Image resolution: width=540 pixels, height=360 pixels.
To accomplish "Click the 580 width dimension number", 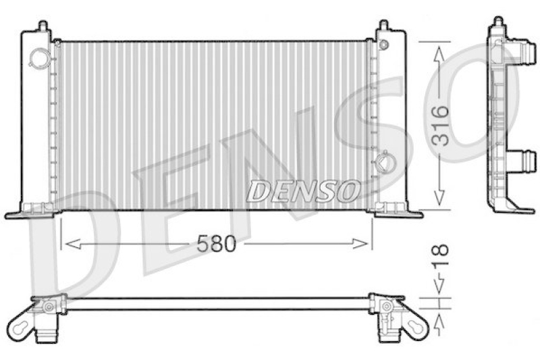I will [x=217, y=244].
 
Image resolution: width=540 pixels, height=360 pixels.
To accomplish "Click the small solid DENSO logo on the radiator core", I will [x=302, y=190].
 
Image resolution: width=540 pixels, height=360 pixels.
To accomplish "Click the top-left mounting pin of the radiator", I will [x=43, y=26].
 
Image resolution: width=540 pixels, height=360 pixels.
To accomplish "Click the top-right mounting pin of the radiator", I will [x=384, y=26].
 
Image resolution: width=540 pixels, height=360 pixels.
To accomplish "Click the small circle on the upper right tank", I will [x=384, y=45].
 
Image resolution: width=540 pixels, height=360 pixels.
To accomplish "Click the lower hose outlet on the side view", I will [x=526, y=161].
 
